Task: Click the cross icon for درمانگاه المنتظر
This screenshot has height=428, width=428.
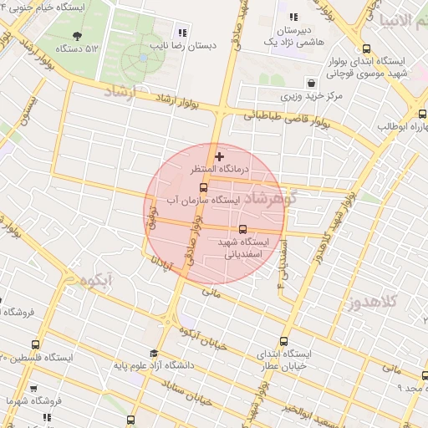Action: (220, 155)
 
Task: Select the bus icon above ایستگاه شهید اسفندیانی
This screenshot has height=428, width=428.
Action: (242, 228)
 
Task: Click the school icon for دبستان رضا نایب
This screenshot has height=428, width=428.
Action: (181, 33)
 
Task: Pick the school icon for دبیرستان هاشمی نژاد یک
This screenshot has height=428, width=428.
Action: (293, 17)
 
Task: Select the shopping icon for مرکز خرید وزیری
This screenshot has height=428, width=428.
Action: (311, 84)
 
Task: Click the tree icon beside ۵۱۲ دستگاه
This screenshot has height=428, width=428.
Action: (78, 35)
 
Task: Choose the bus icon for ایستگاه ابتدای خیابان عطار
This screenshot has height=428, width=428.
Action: (284, 341)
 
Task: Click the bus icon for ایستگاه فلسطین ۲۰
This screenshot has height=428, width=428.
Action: (35, 344)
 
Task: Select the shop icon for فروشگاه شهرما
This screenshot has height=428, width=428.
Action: (33, 389)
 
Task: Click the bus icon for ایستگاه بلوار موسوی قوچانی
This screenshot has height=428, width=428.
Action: (369, 49)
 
